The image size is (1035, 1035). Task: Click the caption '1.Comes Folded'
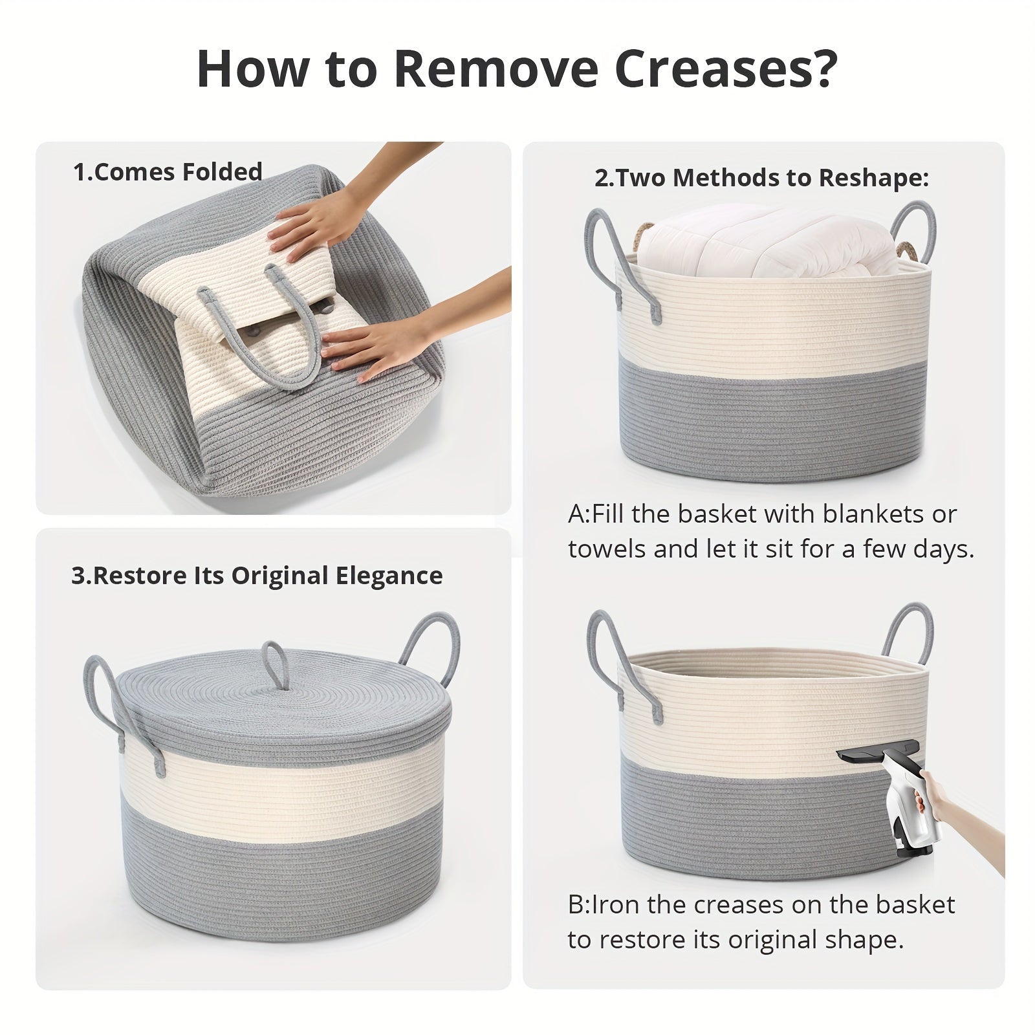pos(168,172)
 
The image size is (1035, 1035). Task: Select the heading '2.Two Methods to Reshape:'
pos(761,178)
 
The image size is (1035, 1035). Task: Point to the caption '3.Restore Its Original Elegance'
pos(257,576)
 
